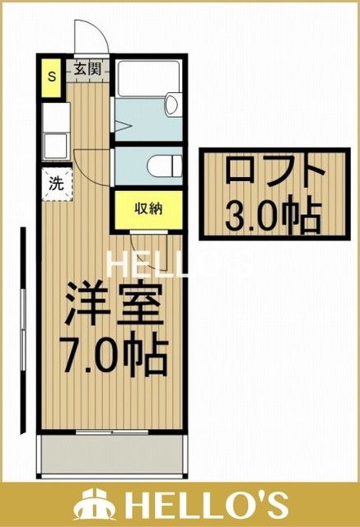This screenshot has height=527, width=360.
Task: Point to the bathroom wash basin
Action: coord(172,105)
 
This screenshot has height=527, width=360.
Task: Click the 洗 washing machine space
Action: coord(54,184)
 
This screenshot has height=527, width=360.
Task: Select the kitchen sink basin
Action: coord(55,148)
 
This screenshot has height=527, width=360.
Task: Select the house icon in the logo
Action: coord(96,503)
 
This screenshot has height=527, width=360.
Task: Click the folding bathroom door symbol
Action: coord(124,128)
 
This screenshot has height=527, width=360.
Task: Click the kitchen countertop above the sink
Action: coord(54,115)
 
